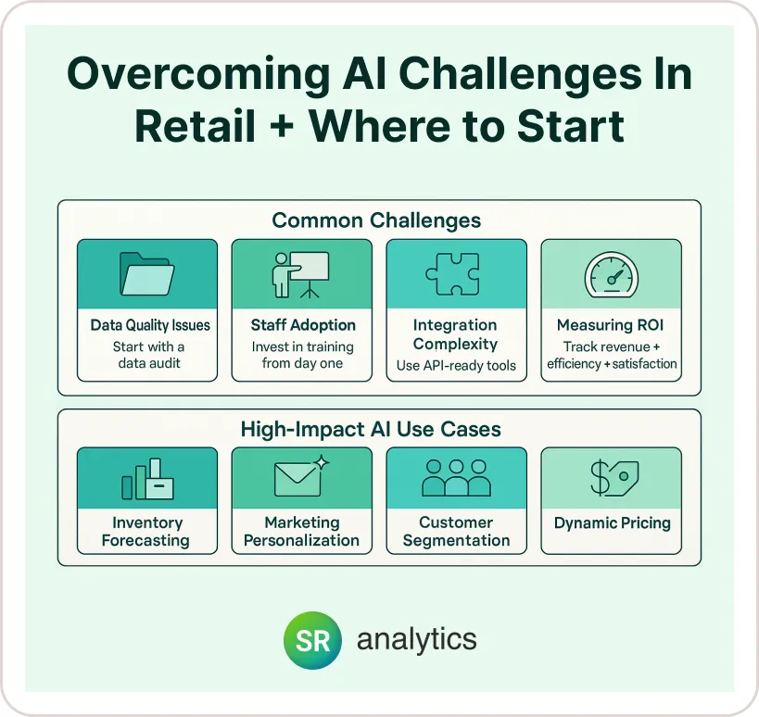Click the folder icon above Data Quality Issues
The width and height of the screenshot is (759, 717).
[146, 274]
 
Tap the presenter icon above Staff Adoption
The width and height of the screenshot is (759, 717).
[300, 274]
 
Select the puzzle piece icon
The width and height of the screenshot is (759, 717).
[453, 274]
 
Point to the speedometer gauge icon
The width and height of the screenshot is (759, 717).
[612, 275]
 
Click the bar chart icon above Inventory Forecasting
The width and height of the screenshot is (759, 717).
[147, 479]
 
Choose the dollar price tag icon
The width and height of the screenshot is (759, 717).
[614, 478]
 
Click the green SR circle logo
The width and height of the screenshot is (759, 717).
[312, 640]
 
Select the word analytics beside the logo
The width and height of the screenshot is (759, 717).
[417, 639]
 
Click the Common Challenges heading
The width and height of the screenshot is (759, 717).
[376, 220]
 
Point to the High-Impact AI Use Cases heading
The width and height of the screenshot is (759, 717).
[371, 429]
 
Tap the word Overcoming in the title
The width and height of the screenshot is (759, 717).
[199, 73]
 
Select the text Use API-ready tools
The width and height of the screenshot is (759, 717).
[456, 366]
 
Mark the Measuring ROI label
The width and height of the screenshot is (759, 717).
[610, 325]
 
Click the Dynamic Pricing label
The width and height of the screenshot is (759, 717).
[613, 523]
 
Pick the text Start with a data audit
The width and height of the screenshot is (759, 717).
[148, 355]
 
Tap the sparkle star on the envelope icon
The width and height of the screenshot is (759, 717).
[322, 462]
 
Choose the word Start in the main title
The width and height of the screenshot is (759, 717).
[570, 127]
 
